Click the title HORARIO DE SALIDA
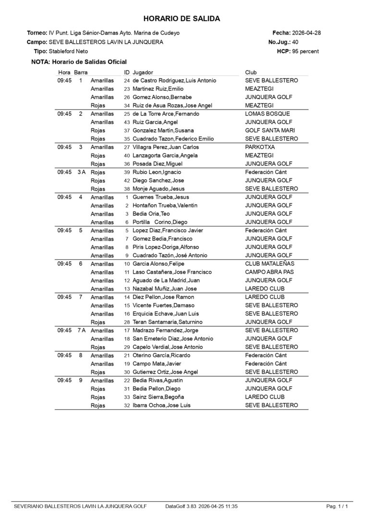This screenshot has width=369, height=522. point(182,19)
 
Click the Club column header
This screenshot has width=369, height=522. point(251,72)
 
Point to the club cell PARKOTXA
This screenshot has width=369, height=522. point(259,147)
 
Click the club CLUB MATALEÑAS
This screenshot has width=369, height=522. point(270,264)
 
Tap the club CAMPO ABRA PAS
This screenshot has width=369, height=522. point(269,272)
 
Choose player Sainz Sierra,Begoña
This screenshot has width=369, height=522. point(158,397)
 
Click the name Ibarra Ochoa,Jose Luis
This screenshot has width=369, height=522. point(161,405)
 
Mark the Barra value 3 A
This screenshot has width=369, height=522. point(81,172)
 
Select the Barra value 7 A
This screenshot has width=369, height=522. point(81,330)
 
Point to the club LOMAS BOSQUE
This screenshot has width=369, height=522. point(267,114)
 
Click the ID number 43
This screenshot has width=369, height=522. point(127,122)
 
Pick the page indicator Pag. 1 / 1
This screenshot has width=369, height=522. point(337,506)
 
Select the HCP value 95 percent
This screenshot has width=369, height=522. point(305,51)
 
